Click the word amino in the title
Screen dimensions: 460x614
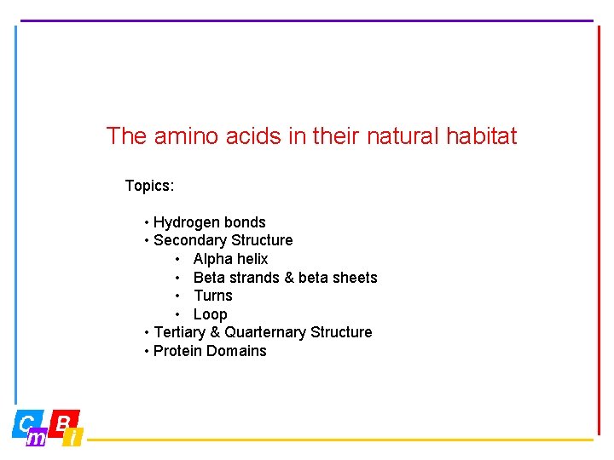185,136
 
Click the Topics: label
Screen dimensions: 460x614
149,186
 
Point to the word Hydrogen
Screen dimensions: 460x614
186,222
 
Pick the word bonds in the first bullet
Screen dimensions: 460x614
245,222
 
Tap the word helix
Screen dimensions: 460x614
252,259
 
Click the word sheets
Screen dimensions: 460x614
354,278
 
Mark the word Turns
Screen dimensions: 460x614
212,296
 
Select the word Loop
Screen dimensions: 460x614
210,314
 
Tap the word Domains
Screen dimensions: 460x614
239,351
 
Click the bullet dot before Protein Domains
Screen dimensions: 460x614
148,351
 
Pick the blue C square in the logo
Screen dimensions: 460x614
25,423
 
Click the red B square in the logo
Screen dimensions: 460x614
63,422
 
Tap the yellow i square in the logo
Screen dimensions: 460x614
74,438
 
